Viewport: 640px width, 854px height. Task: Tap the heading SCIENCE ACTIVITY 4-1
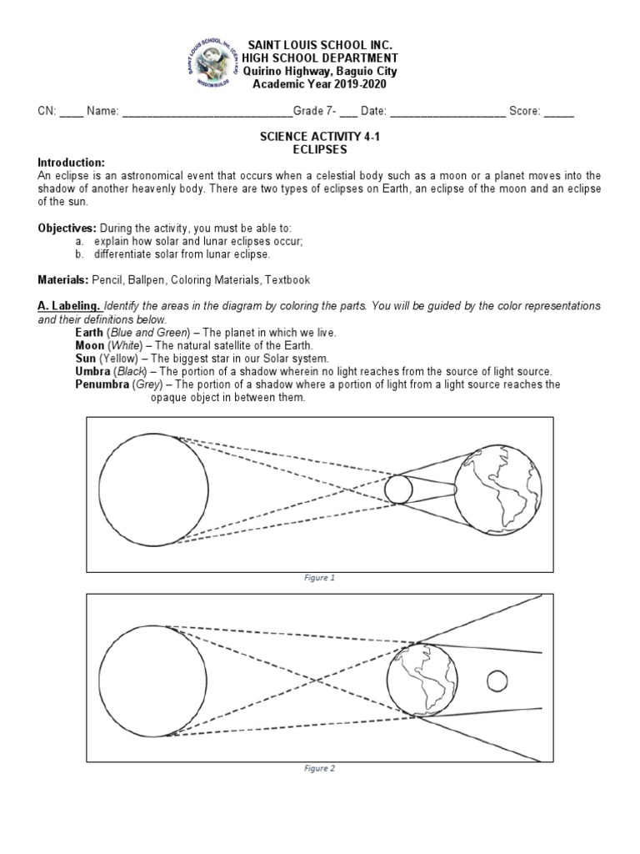click(320, 137)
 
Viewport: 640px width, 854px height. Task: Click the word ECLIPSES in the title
click(320, 149)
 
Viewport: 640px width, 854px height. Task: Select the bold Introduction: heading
click(72, 162)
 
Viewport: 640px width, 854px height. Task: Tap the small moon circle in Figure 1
click(397, 490)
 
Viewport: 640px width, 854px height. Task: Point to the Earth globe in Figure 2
click(422, 680)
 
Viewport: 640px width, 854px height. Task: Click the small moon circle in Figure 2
click(497, 681)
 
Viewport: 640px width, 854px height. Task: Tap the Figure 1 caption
click(320, 577)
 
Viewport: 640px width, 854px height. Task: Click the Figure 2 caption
click(320, 768)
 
